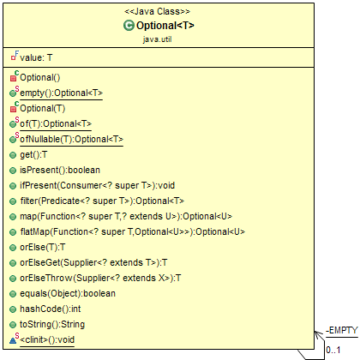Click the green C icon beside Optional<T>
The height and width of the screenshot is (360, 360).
129,26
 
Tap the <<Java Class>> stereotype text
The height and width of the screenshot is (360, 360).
157,11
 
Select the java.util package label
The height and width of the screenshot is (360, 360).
158,39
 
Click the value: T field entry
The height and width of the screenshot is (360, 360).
36,57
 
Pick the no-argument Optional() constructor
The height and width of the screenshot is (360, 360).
40,77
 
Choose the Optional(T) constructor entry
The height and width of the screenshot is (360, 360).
43,108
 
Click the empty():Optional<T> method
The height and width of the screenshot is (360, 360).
61,93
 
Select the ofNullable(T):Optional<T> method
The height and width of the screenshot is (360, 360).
71,139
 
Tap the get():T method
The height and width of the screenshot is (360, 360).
33,154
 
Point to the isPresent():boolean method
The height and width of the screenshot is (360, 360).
60,170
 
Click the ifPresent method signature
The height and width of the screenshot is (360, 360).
97,185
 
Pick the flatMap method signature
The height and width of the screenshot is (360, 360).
133,231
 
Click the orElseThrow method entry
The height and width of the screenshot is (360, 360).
100,278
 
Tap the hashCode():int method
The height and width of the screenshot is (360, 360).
51,309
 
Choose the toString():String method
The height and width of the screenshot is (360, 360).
52,324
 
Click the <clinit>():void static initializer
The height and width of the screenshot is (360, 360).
47,339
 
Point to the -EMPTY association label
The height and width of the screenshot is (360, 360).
342,331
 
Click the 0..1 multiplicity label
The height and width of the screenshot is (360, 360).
333,350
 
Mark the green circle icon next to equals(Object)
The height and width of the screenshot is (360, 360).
13,294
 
